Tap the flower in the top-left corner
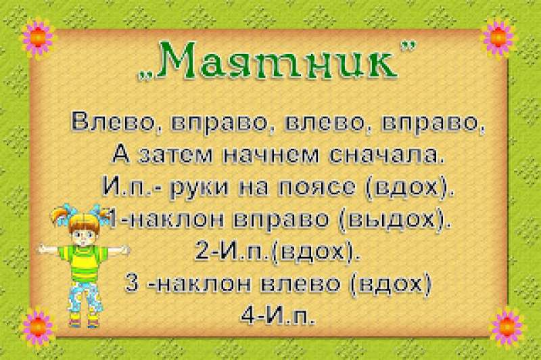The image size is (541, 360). click(38, 38)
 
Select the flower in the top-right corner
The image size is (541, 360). click(498, 37)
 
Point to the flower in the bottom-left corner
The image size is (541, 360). click(38, 327)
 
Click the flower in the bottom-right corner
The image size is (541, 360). click(507, 327)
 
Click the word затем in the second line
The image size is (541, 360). click(175, 156)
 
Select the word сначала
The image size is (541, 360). click(385, 156)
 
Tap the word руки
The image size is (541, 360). click(199, 188)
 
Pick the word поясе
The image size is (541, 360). click(316, 187)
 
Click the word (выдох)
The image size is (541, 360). click(395, 220)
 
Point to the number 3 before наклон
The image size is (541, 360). click(131, 284)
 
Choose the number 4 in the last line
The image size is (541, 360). click(248, 315)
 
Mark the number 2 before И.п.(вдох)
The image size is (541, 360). click(202, 251)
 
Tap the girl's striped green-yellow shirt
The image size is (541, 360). click(83, 263)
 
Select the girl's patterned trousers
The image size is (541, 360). click(85, 297)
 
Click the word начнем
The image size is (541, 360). click(271, 156)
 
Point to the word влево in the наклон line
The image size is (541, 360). click(300, 284)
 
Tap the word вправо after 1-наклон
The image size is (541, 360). click(281, 221)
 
